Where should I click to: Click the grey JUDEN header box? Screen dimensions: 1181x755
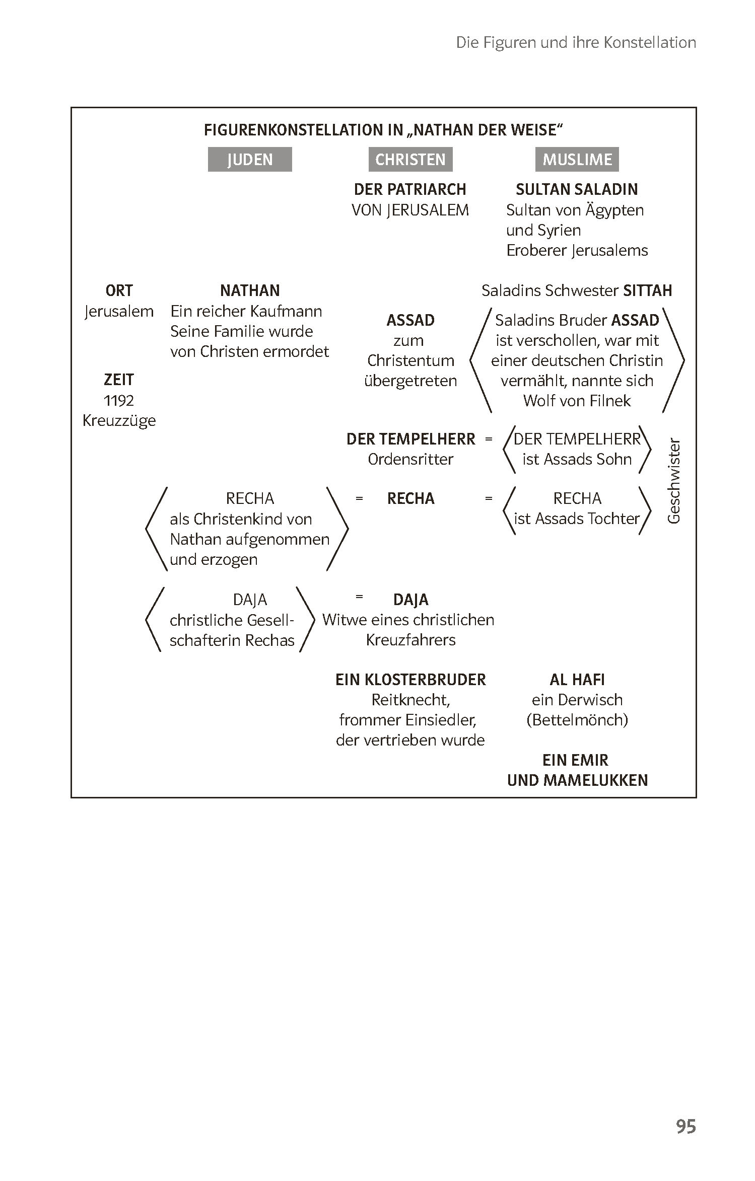(x=250, y=160)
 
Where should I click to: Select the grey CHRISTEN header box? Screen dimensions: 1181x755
(x=410, y=160)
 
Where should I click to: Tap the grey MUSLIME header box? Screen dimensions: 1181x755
(x=577, y=160)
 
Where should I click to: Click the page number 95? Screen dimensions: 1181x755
(x=686, y=1126)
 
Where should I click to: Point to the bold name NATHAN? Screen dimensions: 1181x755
(x=250, y=290)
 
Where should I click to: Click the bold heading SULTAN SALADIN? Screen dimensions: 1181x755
(x=577, y=189)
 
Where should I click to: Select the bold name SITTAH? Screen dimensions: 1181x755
(x=648, y=290)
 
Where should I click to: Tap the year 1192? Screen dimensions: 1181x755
(x=119, y=401)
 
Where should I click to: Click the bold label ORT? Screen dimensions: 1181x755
(x=119, y=290)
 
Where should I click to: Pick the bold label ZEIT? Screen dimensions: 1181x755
(x=119, y=380)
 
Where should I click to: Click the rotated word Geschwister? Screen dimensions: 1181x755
(x=674, y=481)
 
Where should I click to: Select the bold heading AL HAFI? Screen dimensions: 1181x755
(x=577, y=680)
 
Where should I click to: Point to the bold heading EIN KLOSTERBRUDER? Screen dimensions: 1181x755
(x=410, y=680)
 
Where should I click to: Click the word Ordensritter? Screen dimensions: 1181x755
(x=410, y=459)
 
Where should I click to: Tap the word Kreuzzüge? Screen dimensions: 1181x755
(x=119, y=421)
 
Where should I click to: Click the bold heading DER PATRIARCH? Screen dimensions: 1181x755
(x=410, y=189)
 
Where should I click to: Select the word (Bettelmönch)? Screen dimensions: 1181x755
(x=577, y=720)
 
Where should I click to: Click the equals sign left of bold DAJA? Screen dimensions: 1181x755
(x=359, y=597)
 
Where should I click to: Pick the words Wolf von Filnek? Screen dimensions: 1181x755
(x=577, y=401)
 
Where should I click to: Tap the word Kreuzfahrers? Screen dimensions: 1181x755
(x=410, y=640)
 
